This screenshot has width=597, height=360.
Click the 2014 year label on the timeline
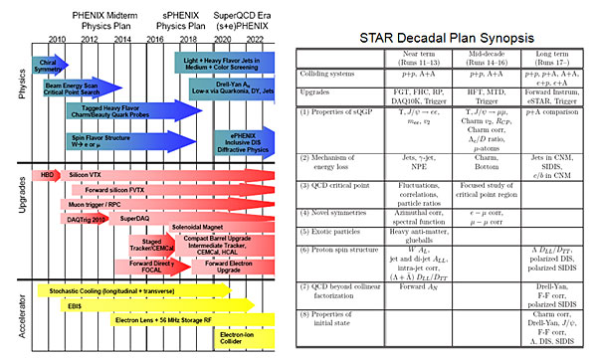tap(122, 44)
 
